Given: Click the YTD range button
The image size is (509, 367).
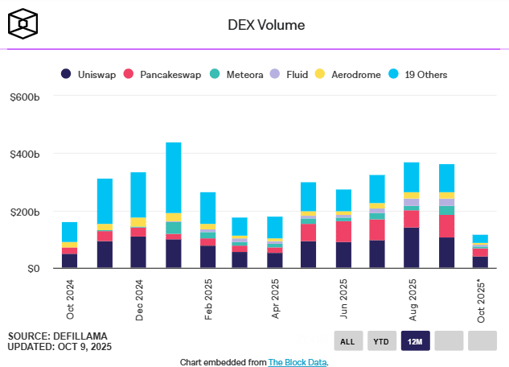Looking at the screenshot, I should (x=381, y=341).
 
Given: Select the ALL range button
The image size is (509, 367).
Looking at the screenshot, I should (x=347, y=341).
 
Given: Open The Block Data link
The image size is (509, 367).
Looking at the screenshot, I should (x=298, y=362).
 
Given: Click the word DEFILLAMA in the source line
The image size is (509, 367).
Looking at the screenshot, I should (x=81, y=335).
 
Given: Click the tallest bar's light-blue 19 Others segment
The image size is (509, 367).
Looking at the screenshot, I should (x=174, y=177).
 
